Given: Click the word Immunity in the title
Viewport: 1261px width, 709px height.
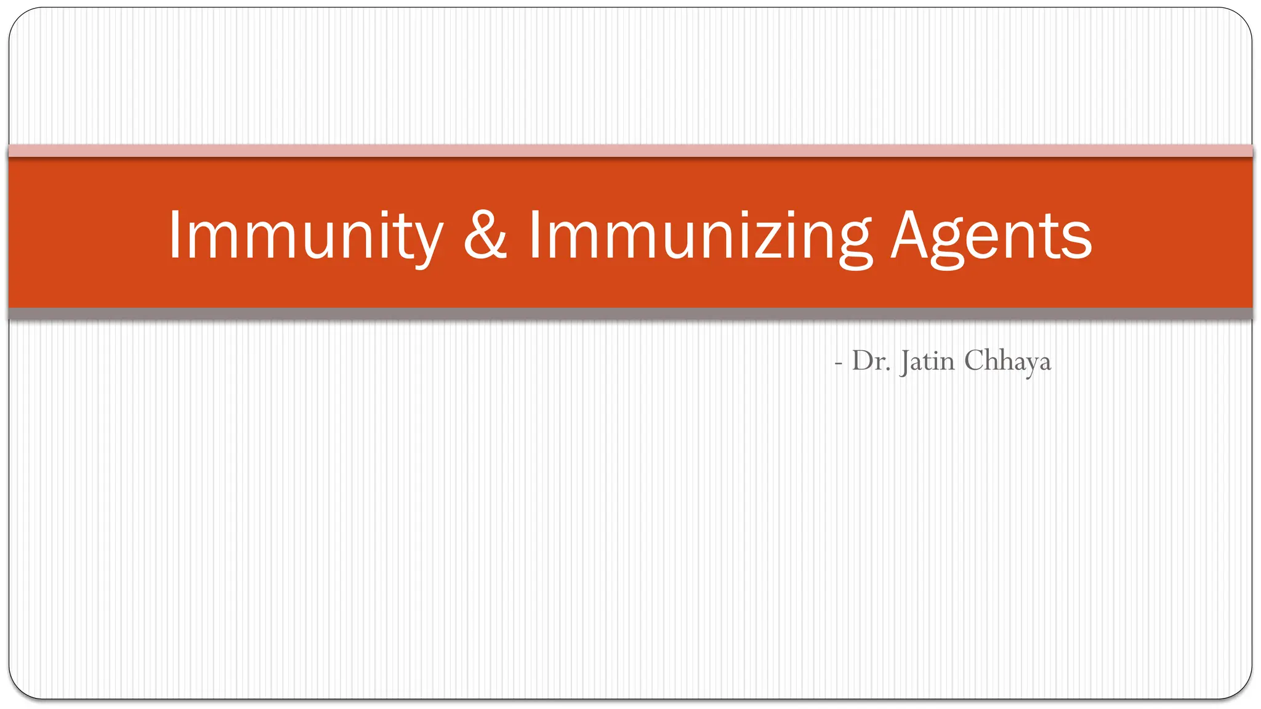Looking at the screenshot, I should coord(305,236).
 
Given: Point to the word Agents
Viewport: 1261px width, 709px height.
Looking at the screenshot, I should coord(991,236).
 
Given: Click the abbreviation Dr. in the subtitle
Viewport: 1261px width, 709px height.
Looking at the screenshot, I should coord(871,361).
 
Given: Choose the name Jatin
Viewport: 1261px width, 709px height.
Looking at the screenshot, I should coord(927,361).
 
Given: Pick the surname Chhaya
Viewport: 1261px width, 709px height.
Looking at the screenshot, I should coord(1007,361).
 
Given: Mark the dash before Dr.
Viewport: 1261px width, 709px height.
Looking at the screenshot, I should coord(838,364).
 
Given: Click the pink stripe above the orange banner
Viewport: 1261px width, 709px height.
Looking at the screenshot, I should coord(630,151).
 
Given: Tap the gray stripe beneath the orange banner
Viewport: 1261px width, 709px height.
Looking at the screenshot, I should coord(630,314).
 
